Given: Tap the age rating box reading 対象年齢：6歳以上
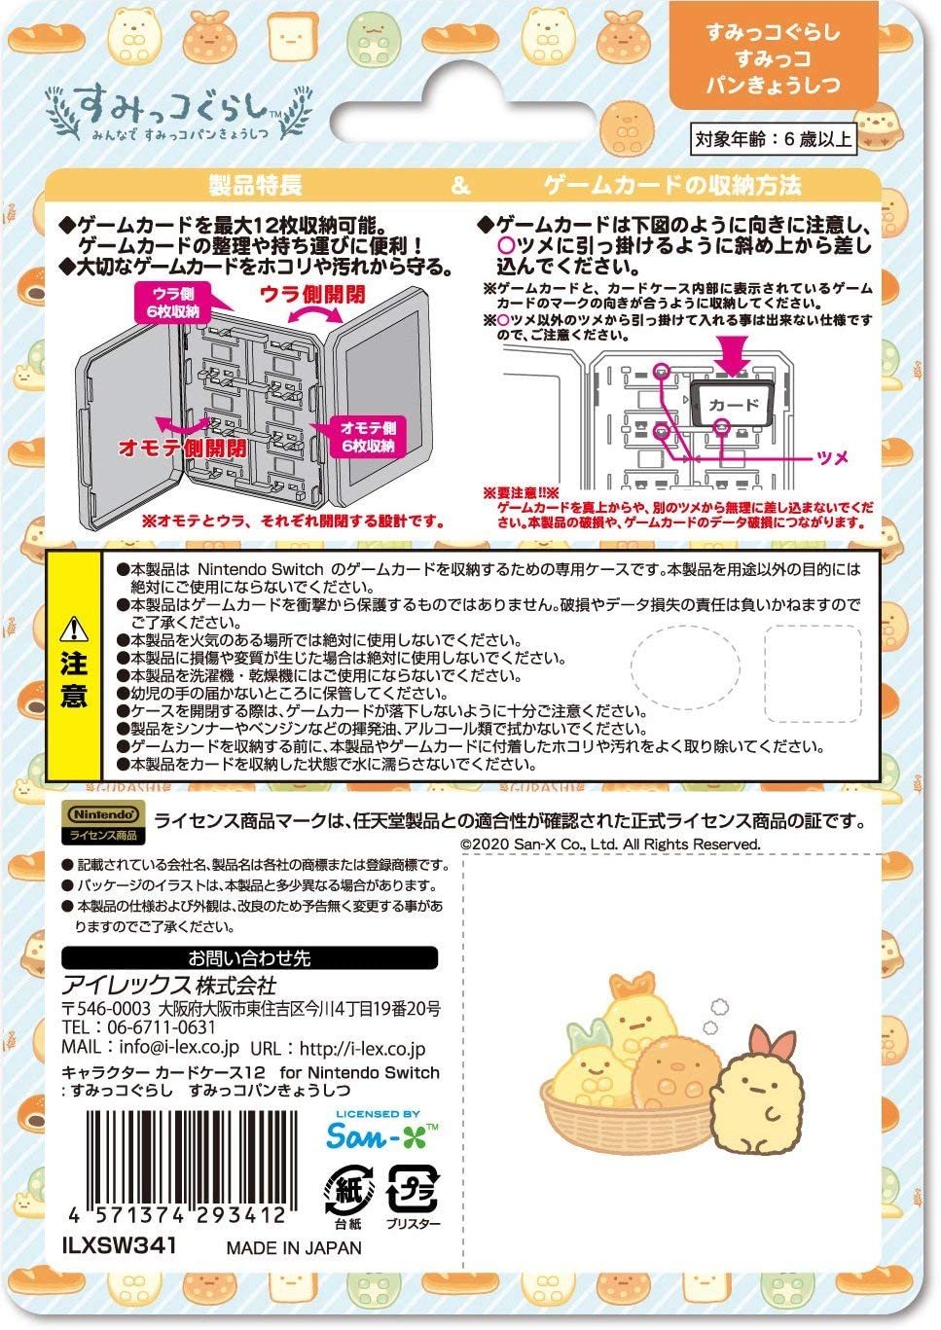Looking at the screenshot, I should click(x=774, y=139).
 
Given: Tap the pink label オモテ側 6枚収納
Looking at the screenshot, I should click(x=367, y=437).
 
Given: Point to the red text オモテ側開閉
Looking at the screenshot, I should click(x=182, y=448).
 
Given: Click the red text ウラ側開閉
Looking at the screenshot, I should click(x=311, y=293).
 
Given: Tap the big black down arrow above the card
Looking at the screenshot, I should click(x=732, y=352).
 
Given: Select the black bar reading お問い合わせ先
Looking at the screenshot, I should click(x=250, y=958).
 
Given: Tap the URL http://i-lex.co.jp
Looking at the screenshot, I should click(x=363, y=1049).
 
